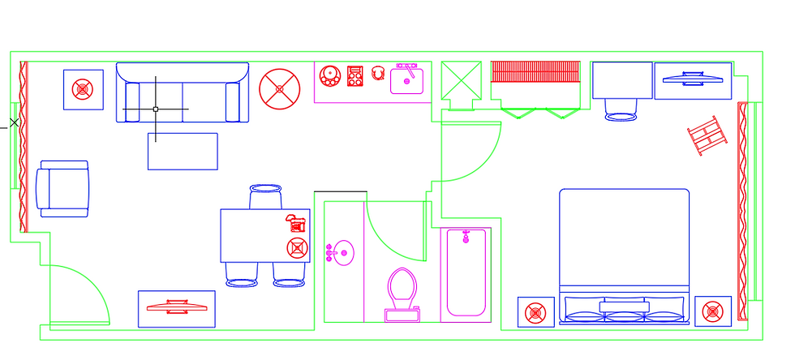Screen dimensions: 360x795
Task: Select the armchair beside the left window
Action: [x=64, y=188]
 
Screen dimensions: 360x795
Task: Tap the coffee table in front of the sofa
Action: [x=183, y=151]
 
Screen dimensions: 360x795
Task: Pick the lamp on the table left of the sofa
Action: [x=83, y=89]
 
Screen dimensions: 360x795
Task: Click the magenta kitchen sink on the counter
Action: [x=407, y=79]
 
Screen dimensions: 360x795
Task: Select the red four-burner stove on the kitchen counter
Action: [x=355, y=76]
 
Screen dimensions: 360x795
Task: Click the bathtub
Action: [x=466, y=272]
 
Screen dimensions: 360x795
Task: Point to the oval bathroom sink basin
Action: [x=343, y=253]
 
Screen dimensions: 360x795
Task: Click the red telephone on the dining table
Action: [x=294, y=221]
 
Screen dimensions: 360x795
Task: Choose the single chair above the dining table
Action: [x=265, y=197]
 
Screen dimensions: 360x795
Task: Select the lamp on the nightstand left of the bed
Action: [x=535, y=311]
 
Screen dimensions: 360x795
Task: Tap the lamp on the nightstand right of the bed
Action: [x=712, y=311]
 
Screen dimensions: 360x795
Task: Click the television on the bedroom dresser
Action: [x=693, y=79]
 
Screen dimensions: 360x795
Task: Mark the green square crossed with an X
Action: [x=462, y=80]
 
